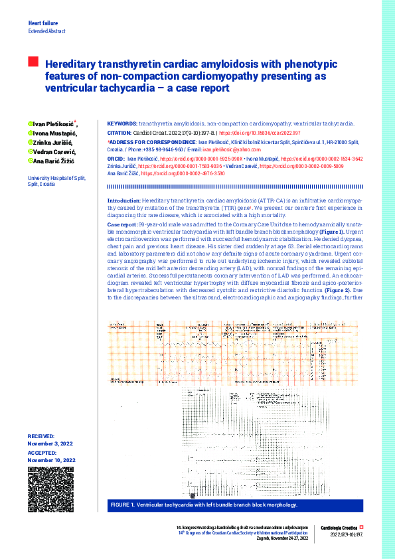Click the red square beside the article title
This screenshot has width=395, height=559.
[x=33, y=62]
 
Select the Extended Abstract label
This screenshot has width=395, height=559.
[x=46, y=32]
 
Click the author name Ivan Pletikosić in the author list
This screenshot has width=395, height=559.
[x=54, y=124]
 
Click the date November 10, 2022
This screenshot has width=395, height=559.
[x=51, y=460]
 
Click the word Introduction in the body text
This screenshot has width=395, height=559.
[x=123, y=200]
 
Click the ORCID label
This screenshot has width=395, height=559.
[x=116, y=160]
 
